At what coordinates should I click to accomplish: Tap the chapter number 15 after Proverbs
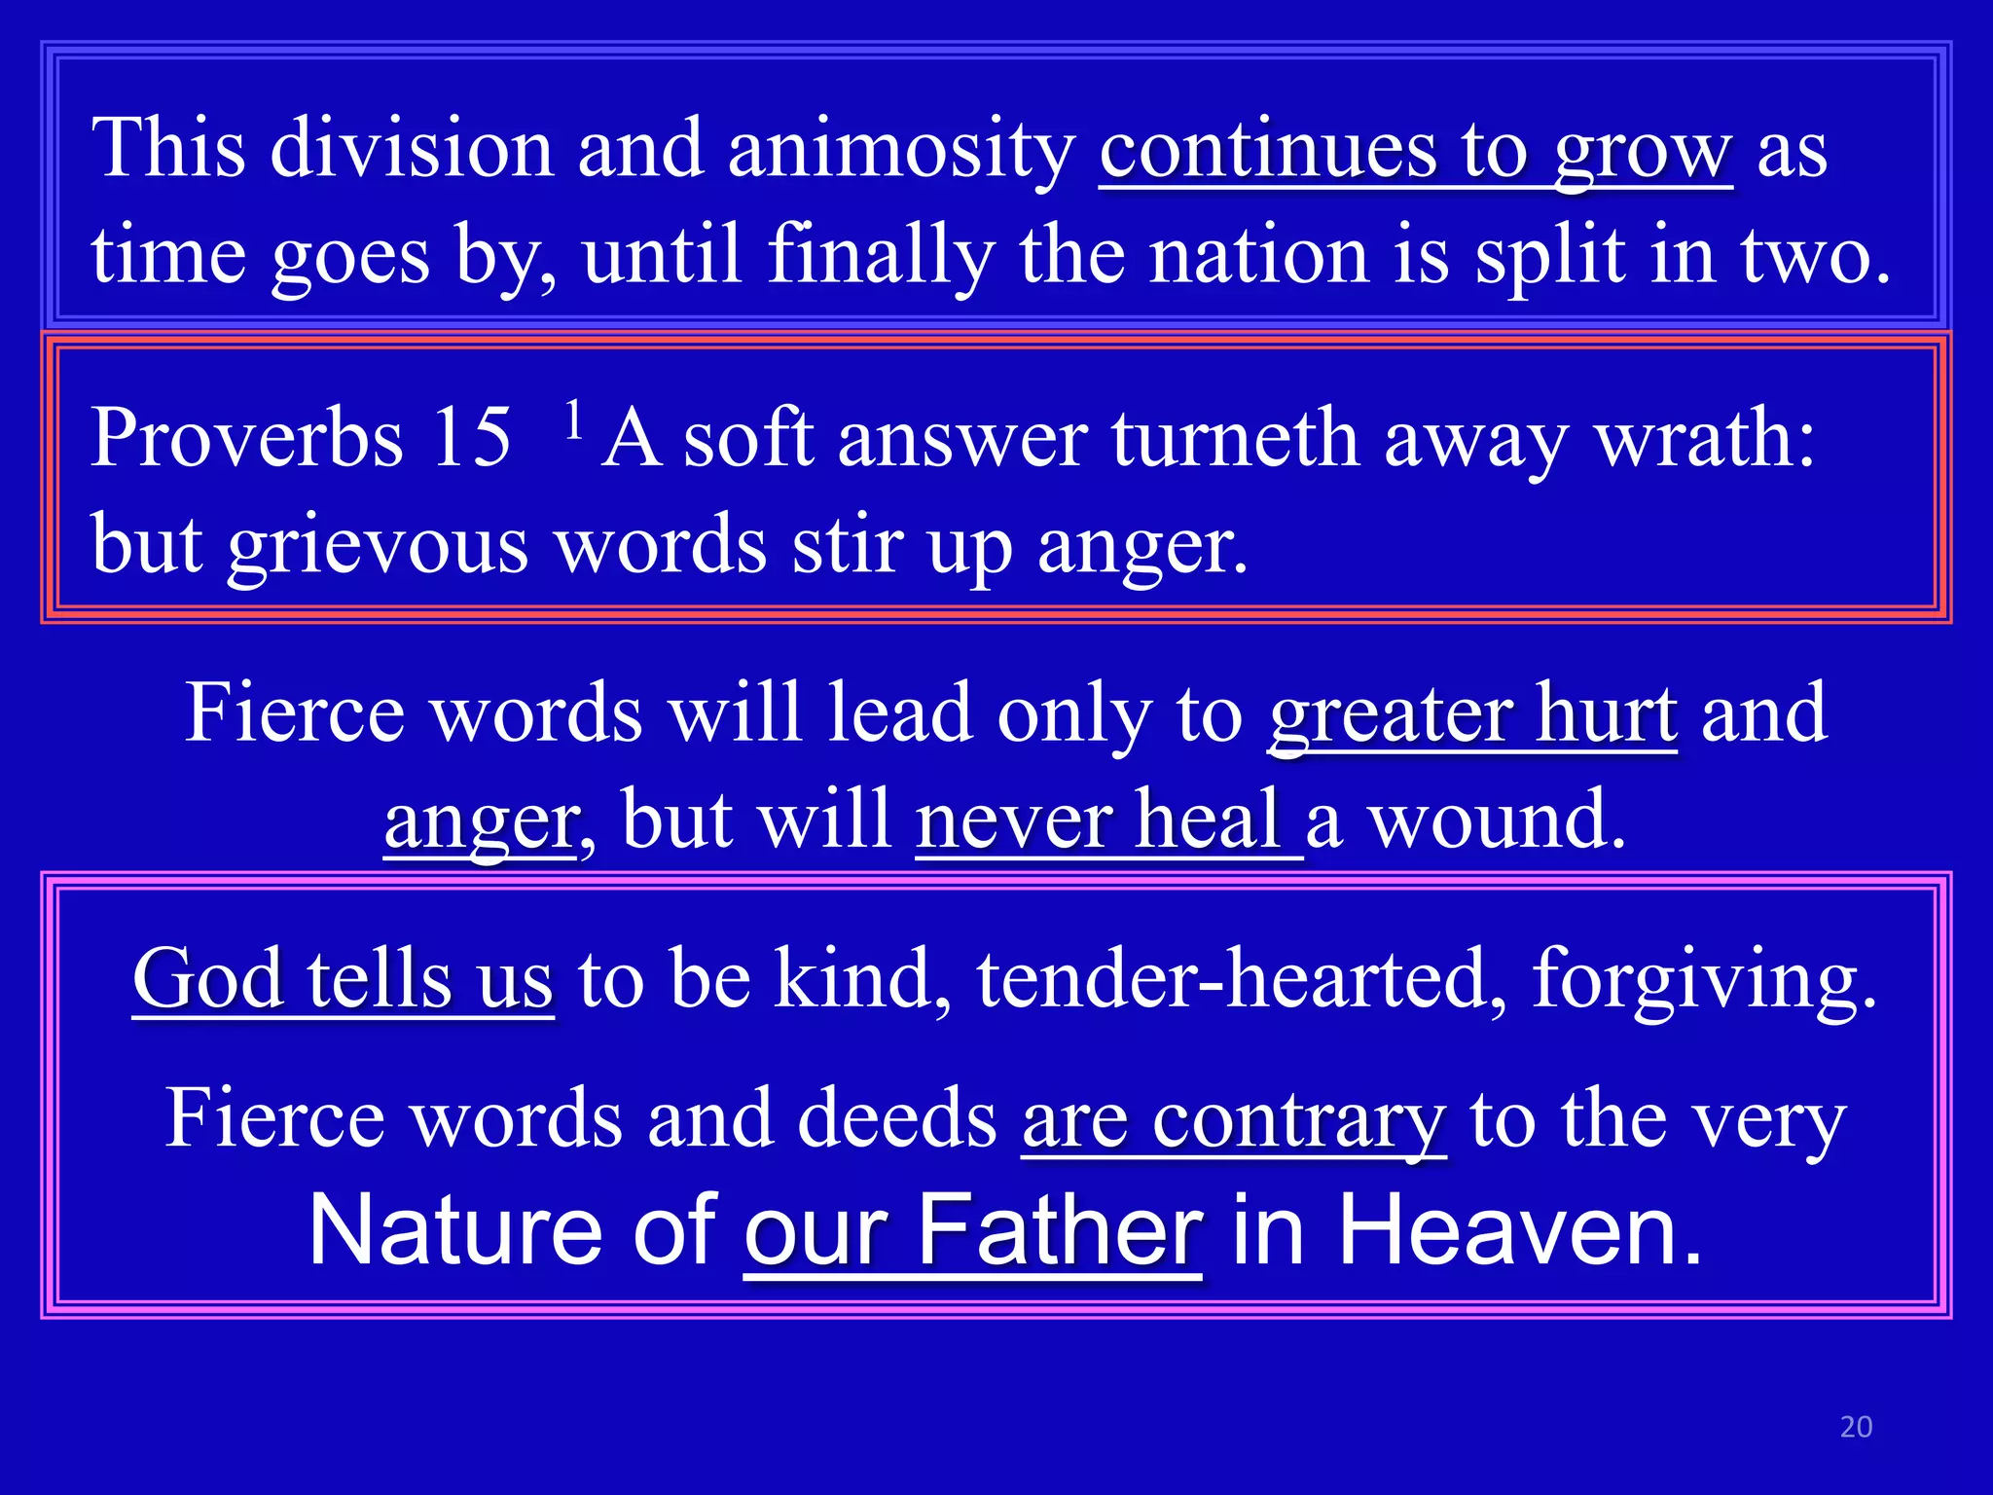pos(471,438)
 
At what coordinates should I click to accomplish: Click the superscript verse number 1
pos(574,419)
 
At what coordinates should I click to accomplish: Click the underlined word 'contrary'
pos(1298,1119)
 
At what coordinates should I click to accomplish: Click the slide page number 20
pos(1856,1427)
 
